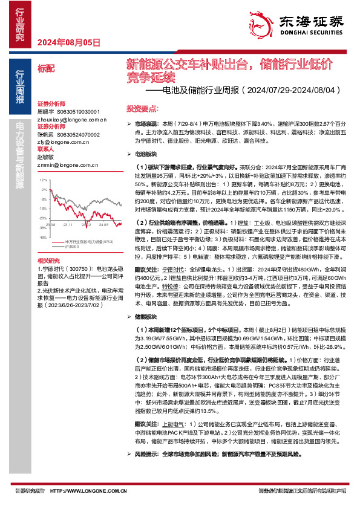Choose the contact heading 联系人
[46, 149]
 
